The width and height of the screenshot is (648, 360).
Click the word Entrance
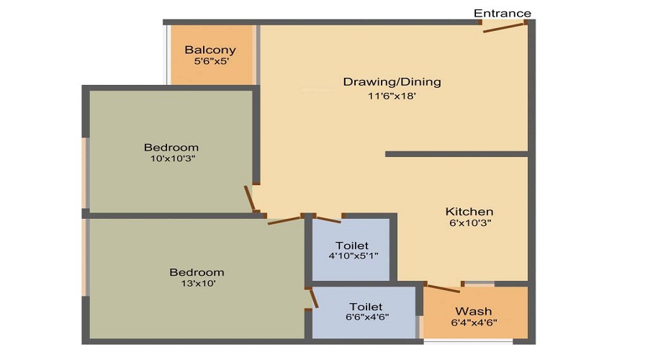coord(503,13)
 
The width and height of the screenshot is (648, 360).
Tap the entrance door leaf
coord(503,27)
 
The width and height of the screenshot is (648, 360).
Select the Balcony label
coord(210,50)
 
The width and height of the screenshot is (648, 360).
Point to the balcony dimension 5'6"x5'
coord(210,62)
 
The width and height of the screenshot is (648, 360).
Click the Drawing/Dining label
coord(392,81)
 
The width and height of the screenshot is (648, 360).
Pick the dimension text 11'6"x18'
coord(392,96)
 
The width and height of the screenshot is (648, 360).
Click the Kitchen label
coord(469,211)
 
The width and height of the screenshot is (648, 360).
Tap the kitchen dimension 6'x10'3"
coord(469,223)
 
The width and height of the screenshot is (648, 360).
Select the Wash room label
coord(474,311)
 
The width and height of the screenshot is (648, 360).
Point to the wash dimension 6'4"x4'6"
coord(474,322)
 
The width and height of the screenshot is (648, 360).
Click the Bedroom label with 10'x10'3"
coord(171,148)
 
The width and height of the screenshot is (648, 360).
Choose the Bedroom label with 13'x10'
coord(197,272)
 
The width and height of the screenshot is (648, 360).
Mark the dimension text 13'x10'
coord(197,284)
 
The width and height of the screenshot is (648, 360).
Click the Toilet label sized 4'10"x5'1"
coord(352,245)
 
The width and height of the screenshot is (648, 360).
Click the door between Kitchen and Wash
coord(443,287)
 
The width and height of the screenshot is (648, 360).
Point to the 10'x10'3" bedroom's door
coord(250,199)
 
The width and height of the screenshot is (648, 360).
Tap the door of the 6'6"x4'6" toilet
coord(313,298)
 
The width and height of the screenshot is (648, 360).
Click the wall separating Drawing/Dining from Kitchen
coord(457,154)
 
